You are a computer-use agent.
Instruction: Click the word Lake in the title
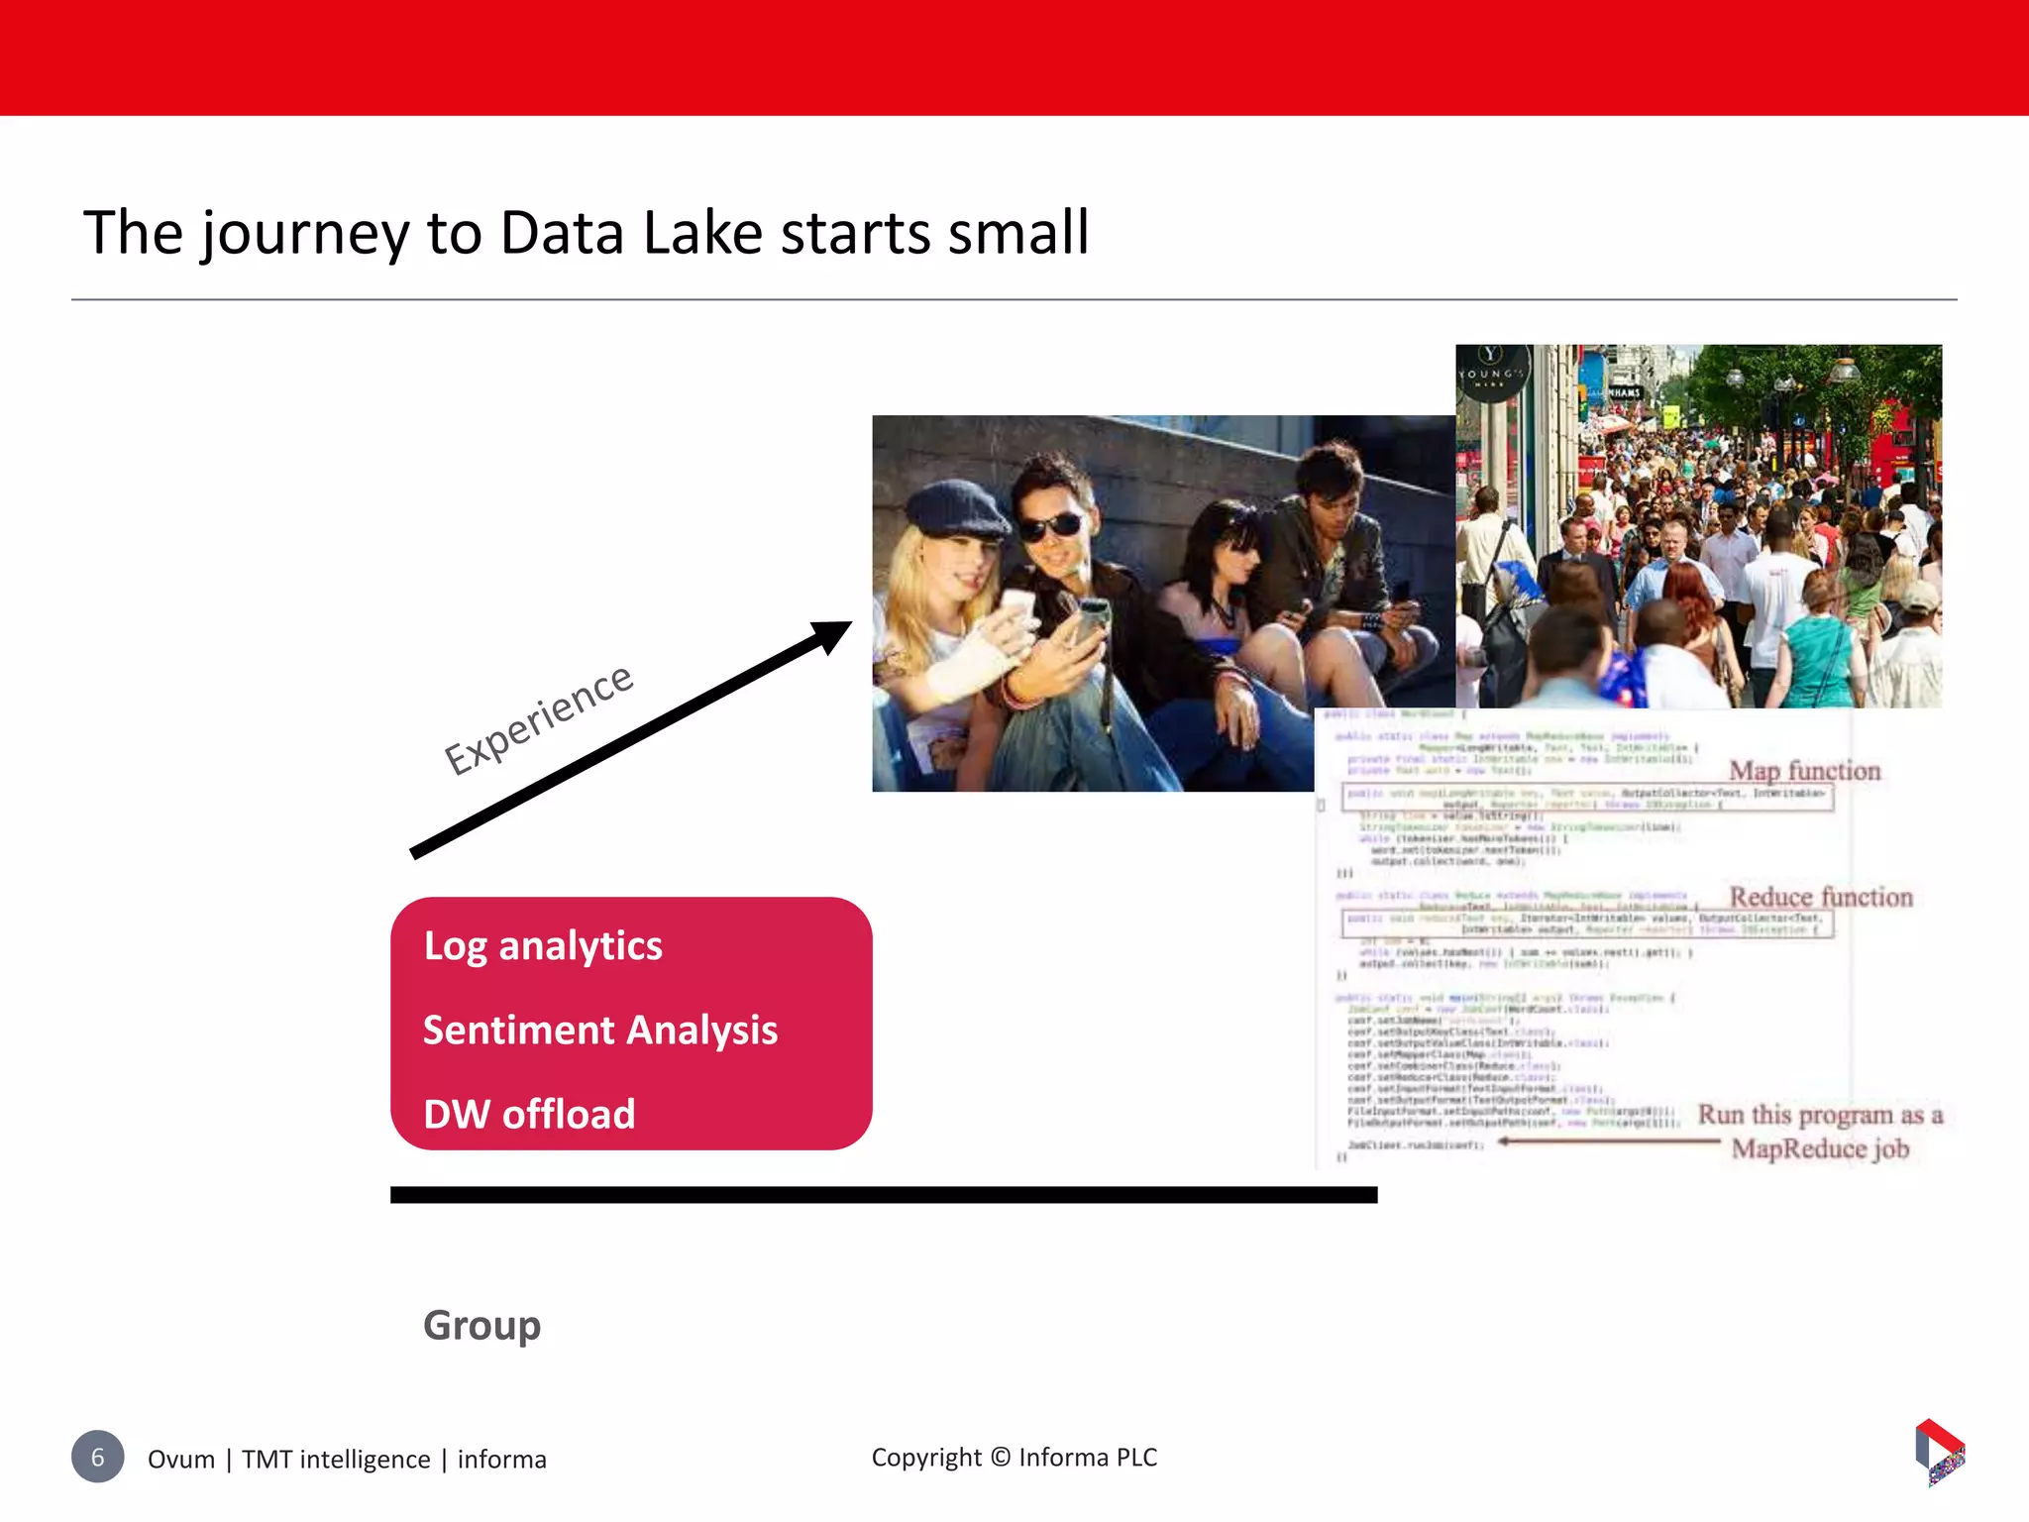(702, 234)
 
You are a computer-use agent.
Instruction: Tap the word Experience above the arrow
(538, 719)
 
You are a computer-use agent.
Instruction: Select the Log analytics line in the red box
(543, 946)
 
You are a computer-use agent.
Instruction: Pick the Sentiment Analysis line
(600, 1031)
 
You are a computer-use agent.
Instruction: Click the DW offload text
(529, 1115)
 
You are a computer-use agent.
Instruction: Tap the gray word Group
(482, 1326)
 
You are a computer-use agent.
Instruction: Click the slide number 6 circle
(98, 1457)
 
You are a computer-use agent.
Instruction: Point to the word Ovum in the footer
(181, 1460)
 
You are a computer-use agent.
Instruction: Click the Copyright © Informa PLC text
(1014, 1458)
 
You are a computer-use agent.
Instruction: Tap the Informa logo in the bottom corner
(1939, 1452)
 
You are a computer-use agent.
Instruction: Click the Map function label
(1804, 771)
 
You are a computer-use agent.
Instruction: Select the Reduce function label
(1821, 897)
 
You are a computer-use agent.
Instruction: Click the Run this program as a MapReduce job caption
(1820, 1132)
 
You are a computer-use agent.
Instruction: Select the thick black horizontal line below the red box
(884, 1195)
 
